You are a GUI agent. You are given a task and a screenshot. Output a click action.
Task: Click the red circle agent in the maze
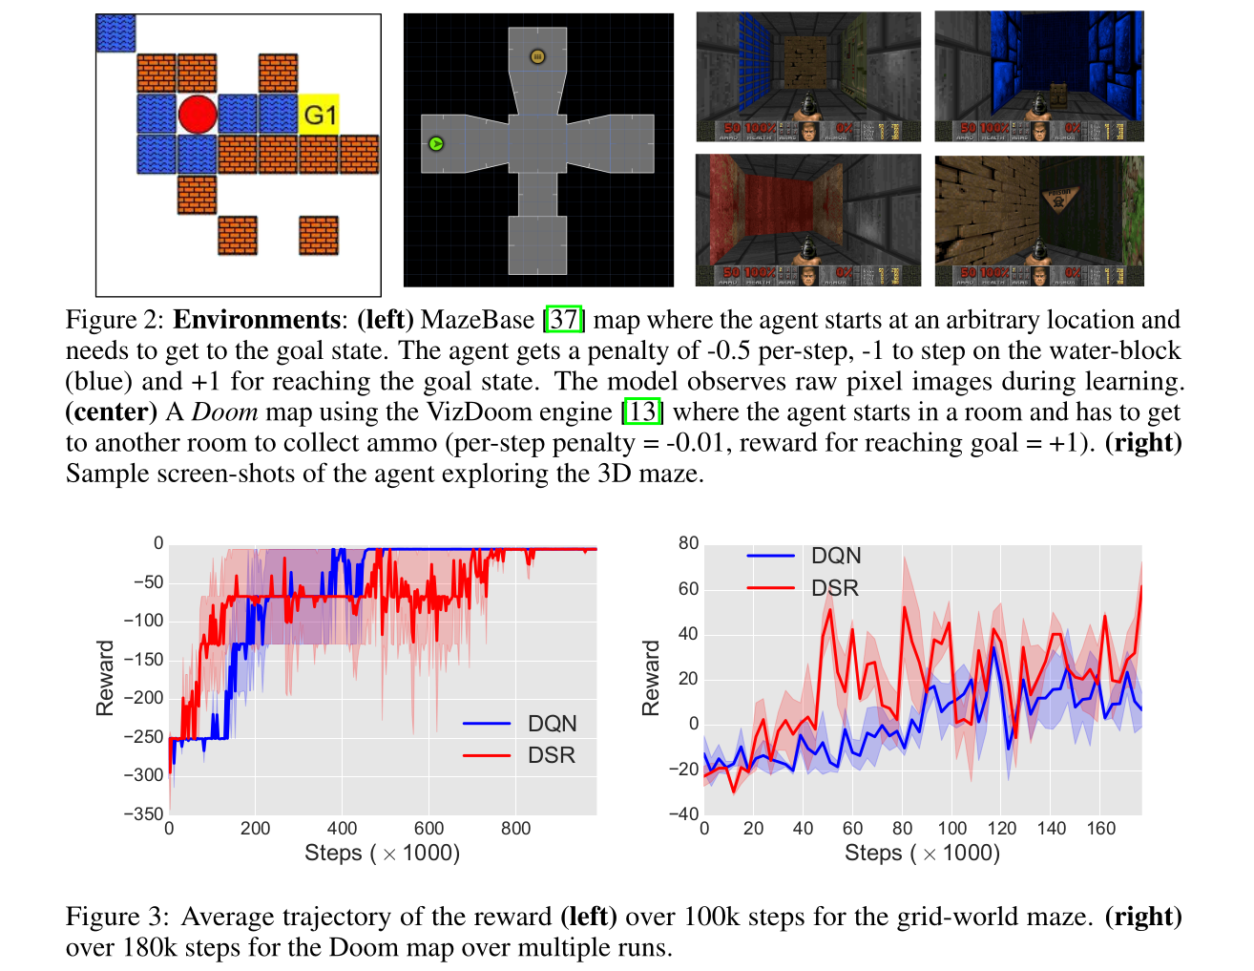(x=198, y=114)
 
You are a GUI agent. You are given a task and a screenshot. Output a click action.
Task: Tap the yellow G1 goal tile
(x=320, y=115)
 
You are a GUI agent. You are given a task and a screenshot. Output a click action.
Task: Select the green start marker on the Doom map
(x=436, y=144)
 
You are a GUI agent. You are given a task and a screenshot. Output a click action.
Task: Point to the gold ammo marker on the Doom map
(x=537, y=57)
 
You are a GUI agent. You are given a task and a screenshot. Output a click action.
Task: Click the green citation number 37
(x=564, y=319)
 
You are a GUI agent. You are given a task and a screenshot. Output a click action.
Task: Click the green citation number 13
(x=642, y=412)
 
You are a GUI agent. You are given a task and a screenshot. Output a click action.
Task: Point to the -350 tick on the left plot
(x=143, y=813)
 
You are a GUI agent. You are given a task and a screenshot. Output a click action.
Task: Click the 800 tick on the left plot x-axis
(x=515, y=829)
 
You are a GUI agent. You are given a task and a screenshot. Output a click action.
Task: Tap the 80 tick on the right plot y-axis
(x=688, y=543)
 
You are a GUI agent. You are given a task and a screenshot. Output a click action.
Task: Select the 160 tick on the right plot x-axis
(x=1100, y=829)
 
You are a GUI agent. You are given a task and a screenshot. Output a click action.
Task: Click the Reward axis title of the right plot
(x=651, y=678)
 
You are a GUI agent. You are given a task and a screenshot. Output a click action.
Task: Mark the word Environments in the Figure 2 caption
(x=256, y=319)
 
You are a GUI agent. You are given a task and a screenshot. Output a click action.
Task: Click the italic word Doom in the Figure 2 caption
(x=224, y=412)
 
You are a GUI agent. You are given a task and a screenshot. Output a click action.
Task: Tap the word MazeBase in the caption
(x=477, y=319)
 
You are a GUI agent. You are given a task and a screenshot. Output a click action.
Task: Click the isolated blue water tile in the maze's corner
(x=115, y=33)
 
